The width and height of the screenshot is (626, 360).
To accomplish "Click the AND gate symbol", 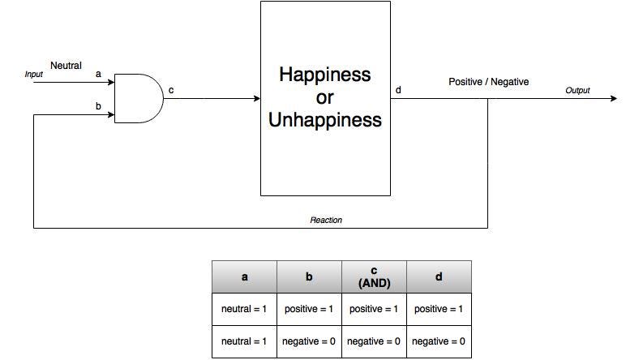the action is click(x=139, y=98).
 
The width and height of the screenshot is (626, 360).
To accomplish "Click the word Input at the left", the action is click(x=33, y=75).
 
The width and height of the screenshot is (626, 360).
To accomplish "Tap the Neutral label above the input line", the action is click(x=66, y=66).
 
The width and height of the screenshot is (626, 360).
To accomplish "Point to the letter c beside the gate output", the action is click(x=171, y=90).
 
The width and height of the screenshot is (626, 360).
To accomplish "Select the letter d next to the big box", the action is click(x=398, y=90).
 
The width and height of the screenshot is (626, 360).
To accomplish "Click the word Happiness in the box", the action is click(x=325, y=75).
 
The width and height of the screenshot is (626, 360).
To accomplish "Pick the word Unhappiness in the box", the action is click(x=325, y=120).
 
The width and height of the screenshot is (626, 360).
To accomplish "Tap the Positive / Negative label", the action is click(x=489, y=82).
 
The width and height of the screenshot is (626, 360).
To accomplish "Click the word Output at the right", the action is click(x=577, y=91).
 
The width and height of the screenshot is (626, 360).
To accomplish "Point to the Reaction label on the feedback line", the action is click(x=326, y=220).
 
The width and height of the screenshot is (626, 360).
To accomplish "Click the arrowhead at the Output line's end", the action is click(x=614, y=98).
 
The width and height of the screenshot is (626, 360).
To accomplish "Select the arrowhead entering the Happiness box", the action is click(x=257, y=98).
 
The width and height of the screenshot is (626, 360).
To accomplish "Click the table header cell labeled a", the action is click(x=244, y=277).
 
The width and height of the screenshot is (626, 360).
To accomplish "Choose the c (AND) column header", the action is click(x=374, y=277).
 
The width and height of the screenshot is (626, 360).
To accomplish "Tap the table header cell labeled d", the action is click(x=439, y=277).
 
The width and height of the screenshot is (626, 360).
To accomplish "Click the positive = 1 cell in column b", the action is click(x=309, y=309).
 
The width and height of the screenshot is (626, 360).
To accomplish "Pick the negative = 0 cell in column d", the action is click(x=439, y=341).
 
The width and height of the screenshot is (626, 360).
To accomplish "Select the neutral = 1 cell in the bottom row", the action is click(x=244, y=341).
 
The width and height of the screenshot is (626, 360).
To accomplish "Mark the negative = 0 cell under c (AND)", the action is click(x=374, y=341).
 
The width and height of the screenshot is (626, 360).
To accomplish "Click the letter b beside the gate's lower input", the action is click(x=98, y=106).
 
